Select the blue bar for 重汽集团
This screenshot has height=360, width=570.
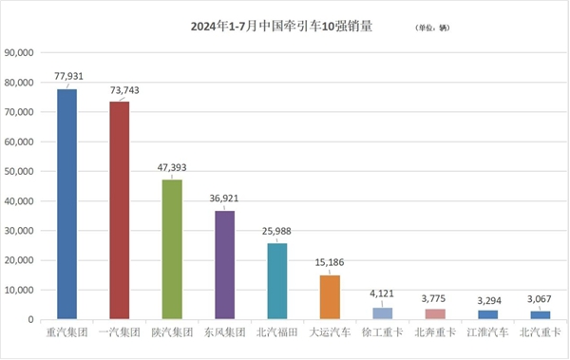tap(67, 203)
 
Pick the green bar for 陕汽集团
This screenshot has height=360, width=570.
tap(172, 249)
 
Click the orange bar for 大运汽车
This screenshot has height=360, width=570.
tap(330, 296)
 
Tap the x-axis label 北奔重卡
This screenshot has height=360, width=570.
tap(434, 333)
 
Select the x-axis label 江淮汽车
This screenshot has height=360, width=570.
tap(486, 333)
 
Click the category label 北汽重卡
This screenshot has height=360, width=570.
tap(539, 333)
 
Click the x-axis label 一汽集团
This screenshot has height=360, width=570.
tap(120, 333)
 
